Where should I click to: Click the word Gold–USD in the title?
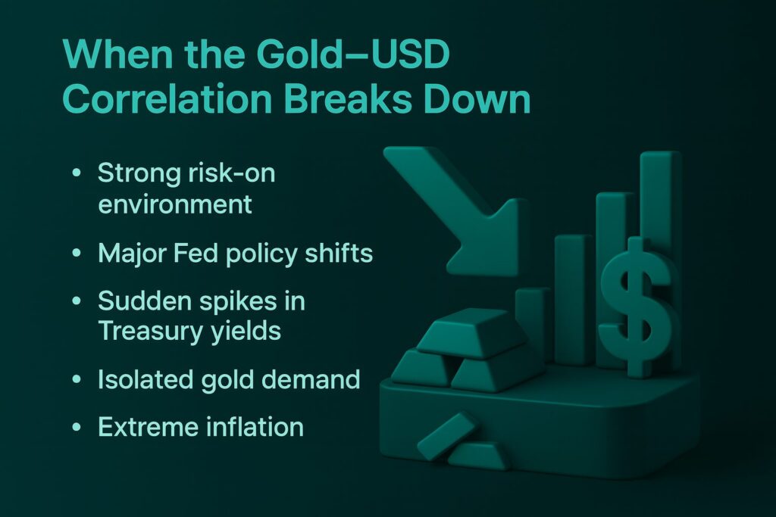pos(353,54)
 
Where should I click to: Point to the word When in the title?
pos(117,54)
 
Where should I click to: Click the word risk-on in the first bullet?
pos(232,173)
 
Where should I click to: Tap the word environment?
pos(175,204)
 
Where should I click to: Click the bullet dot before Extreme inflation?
pos(77,427)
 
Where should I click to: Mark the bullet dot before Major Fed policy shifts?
pos(77,253)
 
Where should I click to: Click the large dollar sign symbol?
pos(637,307)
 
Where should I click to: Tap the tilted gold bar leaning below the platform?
pos(446,436)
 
